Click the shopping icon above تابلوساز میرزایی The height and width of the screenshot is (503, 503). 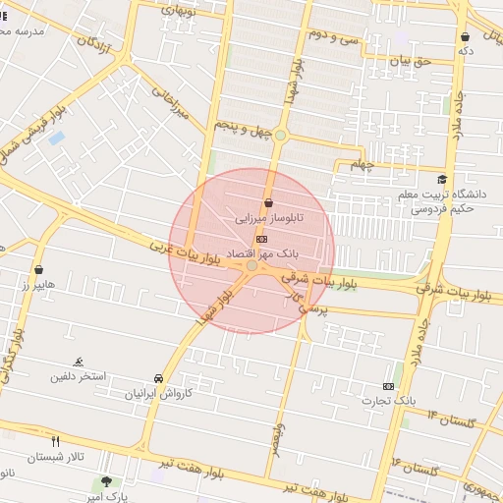(x=268, y=201)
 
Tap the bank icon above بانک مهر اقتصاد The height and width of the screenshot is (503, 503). (x=261, y=239)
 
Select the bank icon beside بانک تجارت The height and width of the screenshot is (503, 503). (x=389, y=386)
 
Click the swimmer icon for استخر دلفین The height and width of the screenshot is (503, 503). (x=79, y=362)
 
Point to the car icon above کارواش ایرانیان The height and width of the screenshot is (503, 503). (x=158, y=378)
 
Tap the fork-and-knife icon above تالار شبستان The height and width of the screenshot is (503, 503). (x=55, y=441)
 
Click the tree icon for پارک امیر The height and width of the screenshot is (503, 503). (x=106, y=481)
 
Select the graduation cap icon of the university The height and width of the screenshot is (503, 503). (x=442, y=180)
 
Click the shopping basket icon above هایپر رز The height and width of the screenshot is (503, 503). (x=39, y=268)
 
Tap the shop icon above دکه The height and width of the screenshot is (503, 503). (x=464, y=37)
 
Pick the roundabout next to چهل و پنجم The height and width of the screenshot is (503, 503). (x=280, y=135)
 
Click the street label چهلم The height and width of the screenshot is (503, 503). (x=363, y=164)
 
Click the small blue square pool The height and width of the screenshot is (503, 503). (x=56, y=139)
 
